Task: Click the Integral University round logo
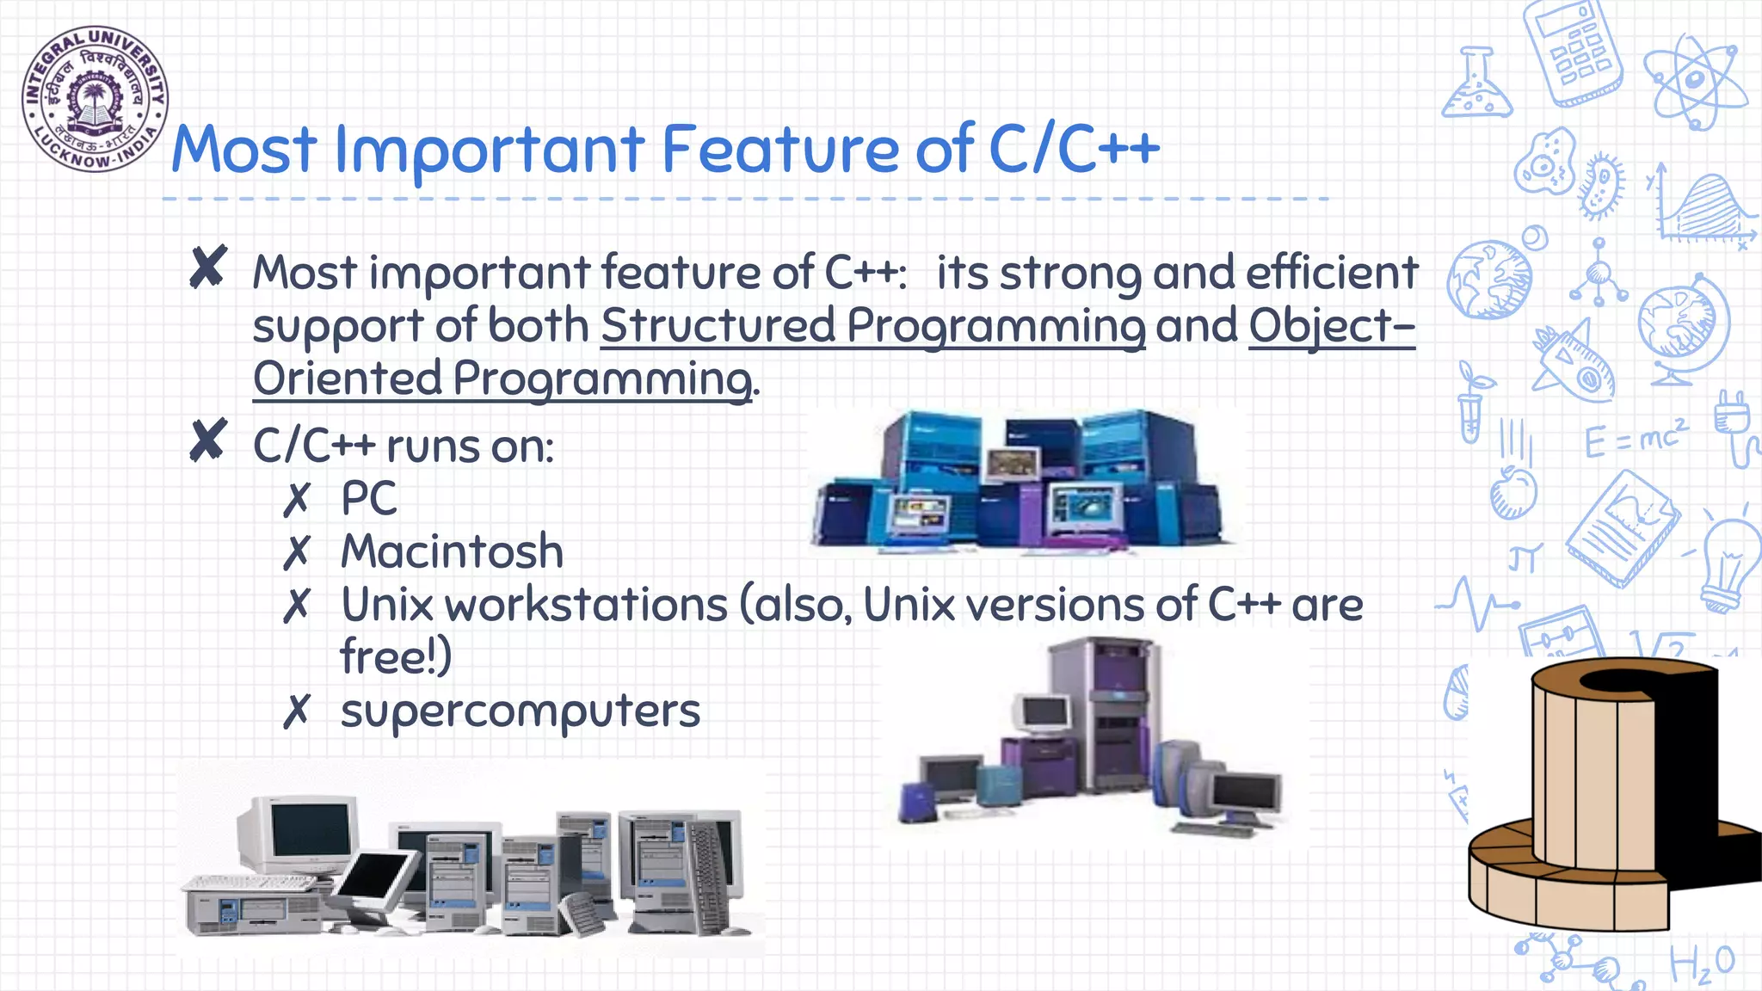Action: click(95, 98)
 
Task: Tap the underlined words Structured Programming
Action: click(872, 327)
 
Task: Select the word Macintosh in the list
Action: click(452, 551)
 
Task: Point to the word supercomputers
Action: click(520, 711)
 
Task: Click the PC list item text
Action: click(369, 498)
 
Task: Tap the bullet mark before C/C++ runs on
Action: click(208, 440)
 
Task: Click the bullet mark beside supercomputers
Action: click(296, 711)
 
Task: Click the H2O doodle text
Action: click(1701, 963)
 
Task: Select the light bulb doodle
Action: click(1729, 563)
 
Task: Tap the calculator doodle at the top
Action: click(1573, 52)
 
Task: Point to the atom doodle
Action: click(1693, 82)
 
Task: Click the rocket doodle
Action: click(1574, 361)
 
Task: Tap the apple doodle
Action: click(1512, 492)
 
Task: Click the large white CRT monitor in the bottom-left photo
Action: click(301, 834)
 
